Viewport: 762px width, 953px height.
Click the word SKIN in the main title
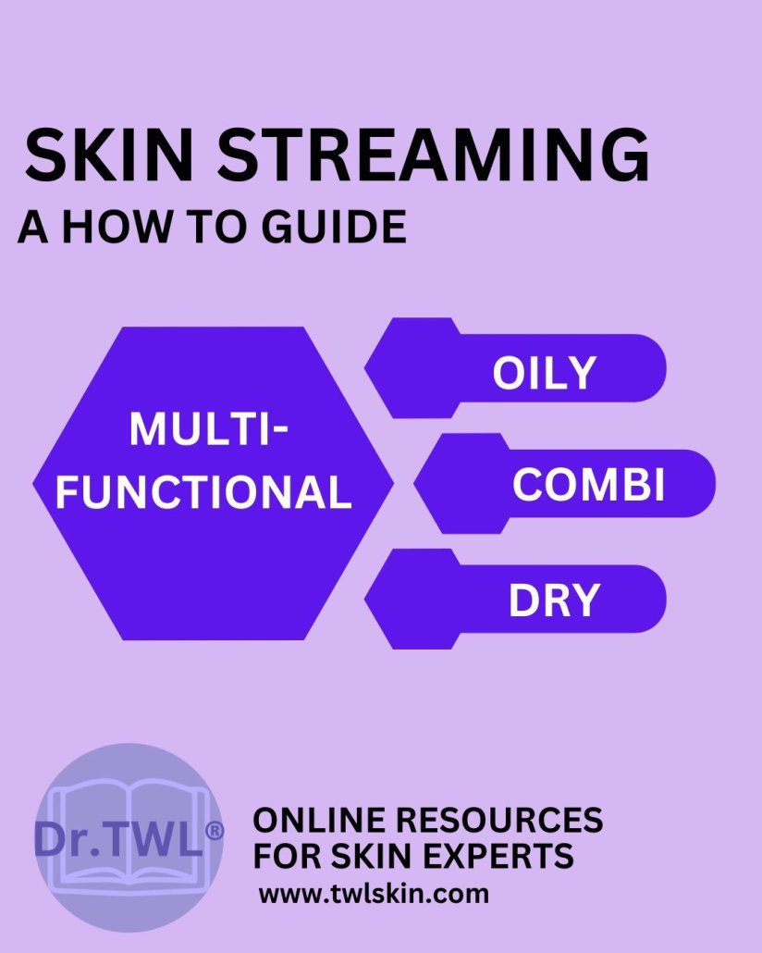pos(109,155)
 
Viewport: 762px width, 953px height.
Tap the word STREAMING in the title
pos(434,155)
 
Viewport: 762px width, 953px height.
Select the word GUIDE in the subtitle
pos(334,227)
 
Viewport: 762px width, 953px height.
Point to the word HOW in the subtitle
pos(117,227)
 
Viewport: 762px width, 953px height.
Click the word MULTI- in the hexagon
pos(209,429)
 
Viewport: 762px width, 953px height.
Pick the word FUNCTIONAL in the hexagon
pos(204,491)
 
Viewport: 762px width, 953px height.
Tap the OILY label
pos(544,373)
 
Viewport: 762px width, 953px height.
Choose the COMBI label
pos(588,485)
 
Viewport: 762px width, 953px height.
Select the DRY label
pos(554,600)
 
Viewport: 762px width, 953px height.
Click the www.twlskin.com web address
pos(374,894)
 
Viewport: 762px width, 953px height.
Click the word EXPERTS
pos(493,856)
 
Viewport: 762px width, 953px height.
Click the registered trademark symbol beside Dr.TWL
pos(215,831)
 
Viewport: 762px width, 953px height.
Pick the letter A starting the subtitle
pos(33,227)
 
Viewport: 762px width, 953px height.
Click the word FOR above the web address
pos(287,856)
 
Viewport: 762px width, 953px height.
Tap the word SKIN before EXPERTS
pos(366,856)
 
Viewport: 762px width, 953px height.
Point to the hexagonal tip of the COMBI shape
pos(413,484)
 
